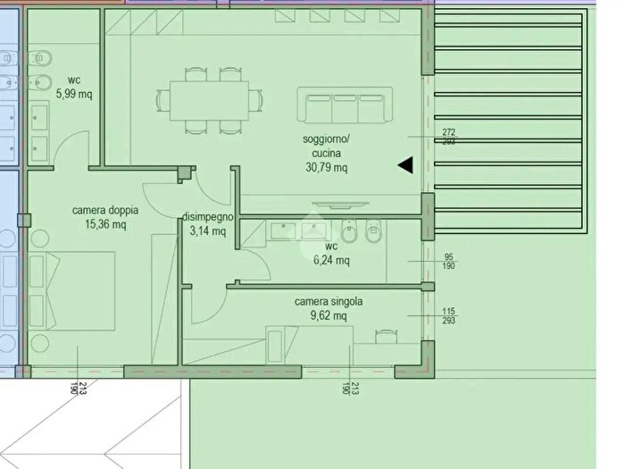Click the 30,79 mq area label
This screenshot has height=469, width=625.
point(327,167)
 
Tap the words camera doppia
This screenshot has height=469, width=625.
point(105,210)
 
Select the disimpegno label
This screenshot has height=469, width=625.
point(207,217)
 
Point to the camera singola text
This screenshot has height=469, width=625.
point(329,302)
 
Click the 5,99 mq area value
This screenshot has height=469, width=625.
point(74,94)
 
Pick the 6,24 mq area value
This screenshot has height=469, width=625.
point(331,261)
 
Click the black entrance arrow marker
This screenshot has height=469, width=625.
point(405,165)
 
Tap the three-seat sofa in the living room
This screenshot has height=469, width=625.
point(345,105)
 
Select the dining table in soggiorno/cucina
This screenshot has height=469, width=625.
point(209,101)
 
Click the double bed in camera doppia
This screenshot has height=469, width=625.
point(72,290)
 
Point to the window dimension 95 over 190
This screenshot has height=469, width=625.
point(448,262)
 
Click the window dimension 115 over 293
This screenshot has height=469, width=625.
point(448,316)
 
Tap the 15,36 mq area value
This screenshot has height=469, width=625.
point(105,224)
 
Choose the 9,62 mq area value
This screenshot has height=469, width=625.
point(329,316)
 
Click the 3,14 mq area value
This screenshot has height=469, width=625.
point(208,230)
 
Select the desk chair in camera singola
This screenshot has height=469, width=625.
point(386,336)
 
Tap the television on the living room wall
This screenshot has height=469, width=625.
point(340,205)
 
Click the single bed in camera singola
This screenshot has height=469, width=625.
point(309,345)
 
